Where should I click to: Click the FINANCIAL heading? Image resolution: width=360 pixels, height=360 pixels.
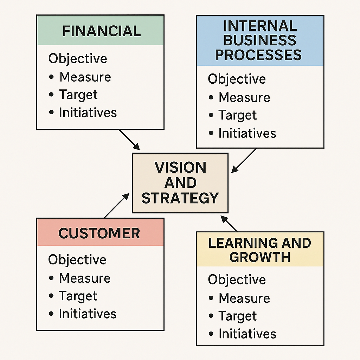coord(101,31)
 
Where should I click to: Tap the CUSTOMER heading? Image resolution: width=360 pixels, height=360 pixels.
coord(99,233)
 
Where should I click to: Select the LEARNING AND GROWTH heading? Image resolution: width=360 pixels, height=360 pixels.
coord(260,250)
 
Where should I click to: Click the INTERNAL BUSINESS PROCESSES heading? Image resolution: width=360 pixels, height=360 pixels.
coord(260,40)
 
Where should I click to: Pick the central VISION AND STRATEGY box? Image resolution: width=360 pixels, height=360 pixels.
coord(180,183)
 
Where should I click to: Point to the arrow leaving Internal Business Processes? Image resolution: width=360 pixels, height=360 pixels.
coord(244,160)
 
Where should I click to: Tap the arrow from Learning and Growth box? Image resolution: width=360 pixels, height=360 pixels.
coord(229,224)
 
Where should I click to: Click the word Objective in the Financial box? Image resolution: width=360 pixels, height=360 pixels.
coord(78,59)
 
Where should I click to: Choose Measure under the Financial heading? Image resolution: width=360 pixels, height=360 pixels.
coord(85,77)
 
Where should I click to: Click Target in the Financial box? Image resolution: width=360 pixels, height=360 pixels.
coord(78,95)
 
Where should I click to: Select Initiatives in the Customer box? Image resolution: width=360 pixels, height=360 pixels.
coord(88,314)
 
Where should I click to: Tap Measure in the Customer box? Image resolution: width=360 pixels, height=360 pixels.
coord(85,278)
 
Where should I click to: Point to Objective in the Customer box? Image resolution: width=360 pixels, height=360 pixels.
coord(77,260)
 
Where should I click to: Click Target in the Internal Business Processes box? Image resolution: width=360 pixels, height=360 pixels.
coord(238,115)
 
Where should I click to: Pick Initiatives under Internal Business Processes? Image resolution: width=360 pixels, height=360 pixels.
coord(247,134)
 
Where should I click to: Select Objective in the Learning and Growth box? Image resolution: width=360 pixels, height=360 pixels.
coord(237,280)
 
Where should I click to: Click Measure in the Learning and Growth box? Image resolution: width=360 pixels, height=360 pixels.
coord(244,298)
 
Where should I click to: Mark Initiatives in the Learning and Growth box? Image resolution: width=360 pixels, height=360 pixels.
coord(247,334)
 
